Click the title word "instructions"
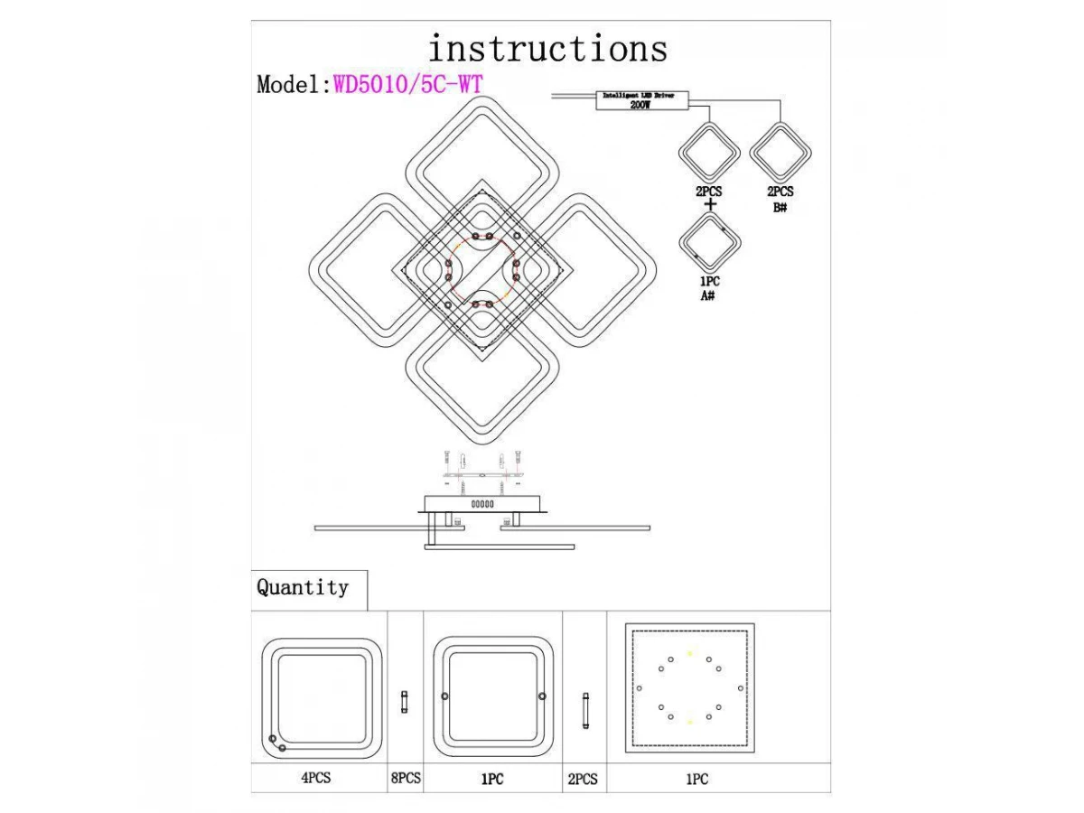[x=547, y=48]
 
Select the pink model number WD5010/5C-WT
[x=408, y=84]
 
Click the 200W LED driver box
[x=641, y=100]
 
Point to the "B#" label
[x=780, y=207]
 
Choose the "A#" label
[x=709, y=296]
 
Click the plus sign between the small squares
[x=710, y=205]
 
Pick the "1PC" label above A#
[x=709, y=282]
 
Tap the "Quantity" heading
[x=303, y=587]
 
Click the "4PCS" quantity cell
[x=317, y=778]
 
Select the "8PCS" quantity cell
[x=405, y=778]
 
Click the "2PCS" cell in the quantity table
[x=583, y=778]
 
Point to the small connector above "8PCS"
[x=405, y=700]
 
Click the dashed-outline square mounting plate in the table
[x=690, y=687]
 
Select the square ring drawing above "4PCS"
[x=319, y=697]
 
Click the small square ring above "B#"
[x=780, y=154]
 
